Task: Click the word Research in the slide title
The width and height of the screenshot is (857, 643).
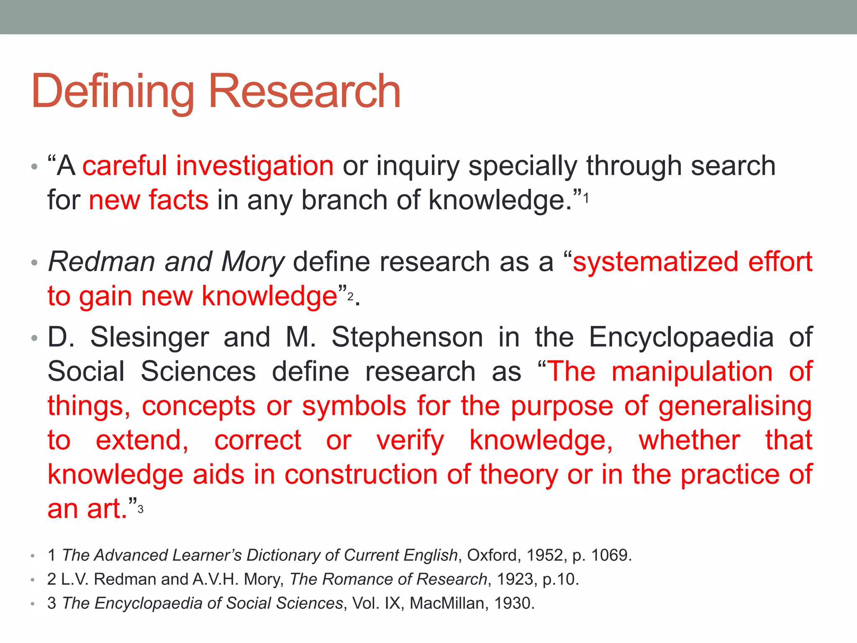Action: tap(304, 91)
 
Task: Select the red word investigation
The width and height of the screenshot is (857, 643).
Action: tap(254, 166)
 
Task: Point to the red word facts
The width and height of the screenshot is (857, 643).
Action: tap(179, 200)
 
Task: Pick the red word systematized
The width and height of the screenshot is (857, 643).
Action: tap(655, 262)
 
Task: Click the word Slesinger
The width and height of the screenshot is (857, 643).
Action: tap(149, 337)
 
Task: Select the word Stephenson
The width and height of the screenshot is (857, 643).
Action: tap(407, 337)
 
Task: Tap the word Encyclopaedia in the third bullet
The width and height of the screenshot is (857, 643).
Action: tap(681, 337)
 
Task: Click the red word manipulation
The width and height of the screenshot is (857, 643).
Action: tap(692, 372)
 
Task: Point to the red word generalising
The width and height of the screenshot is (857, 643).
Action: tap(735, 407)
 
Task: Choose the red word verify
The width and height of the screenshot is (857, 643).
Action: tap(410, 441)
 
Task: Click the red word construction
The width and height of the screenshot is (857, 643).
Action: tap(361, 475)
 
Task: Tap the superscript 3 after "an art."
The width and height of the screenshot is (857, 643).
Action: tap(141, 509)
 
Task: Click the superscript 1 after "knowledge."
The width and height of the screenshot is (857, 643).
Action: tap(586, 198)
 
